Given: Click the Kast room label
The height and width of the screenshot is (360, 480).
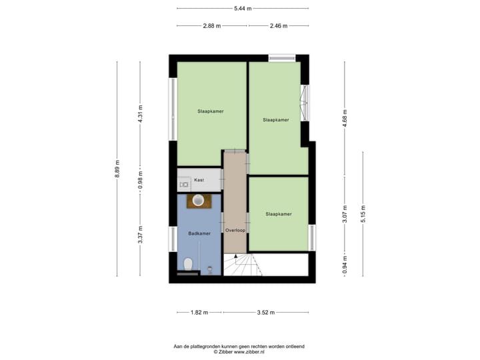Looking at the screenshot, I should [x=199, y=180].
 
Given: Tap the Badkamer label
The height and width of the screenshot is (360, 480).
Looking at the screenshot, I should [x=199, y=233].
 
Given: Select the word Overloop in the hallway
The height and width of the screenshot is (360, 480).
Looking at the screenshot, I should [x=235, y=230].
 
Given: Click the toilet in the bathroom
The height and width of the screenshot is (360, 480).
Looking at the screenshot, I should [x=189, y=264].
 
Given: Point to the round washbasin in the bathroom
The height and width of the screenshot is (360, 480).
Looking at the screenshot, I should [x=198, y=199].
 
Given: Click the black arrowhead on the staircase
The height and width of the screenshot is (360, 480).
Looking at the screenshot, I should [x=235, y=256].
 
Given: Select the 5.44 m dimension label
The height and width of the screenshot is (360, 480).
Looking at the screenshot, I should [x=243, y=8].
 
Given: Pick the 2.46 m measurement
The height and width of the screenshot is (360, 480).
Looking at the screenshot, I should [x=279, y=26].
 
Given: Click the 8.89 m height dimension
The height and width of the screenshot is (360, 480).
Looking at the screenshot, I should [x=117, y=169].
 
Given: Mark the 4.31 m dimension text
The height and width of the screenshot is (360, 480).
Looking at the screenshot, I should [x=140, y=113].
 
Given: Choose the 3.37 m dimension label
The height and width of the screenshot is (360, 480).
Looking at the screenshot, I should [x=140, y=237].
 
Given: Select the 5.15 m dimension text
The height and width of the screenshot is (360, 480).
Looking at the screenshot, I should [x=363, y=213].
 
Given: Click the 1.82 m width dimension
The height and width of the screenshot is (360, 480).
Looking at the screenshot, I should [x=199, y=311].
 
